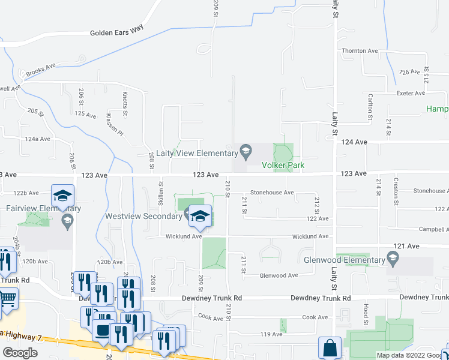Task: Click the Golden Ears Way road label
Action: point(118,33)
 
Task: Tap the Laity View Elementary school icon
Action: point(245,150)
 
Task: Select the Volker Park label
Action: point(283,165)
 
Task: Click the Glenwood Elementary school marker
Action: point(393,259)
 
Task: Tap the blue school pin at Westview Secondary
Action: point(200,217)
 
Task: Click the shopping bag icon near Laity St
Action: point(330,348)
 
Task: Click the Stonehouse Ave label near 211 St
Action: point(272,193)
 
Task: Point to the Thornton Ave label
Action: point(358,51)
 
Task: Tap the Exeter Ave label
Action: point(411,93)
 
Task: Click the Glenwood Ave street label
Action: point(279,275)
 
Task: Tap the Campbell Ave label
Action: point(433,229)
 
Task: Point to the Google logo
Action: point(20,353)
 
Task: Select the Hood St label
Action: point(365,308)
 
